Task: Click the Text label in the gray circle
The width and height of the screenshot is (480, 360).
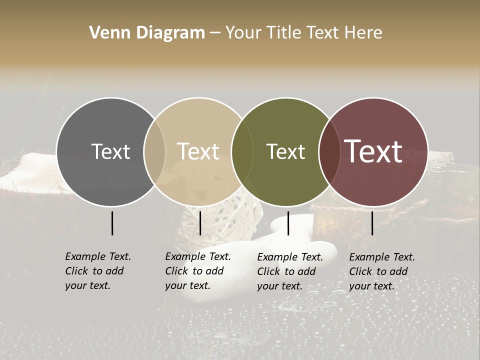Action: point(110,151)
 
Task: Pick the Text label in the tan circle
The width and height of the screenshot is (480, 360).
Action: point(198,151)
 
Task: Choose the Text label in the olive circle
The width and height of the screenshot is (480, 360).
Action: point(285,151)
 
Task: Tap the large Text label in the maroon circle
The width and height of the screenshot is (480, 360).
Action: point(373,151)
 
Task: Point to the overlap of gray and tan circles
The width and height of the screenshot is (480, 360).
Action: point(154,151)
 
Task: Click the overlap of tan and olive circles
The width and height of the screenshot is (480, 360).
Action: point(242,151)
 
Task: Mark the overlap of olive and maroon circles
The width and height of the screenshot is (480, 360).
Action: point(329,151)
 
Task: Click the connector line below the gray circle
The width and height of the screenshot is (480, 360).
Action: point(112,223)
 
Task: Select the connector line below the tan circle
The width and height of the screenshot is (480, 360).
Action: point(200,223)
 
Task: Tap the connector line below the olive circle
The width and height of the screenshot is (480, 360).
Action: point(288,223)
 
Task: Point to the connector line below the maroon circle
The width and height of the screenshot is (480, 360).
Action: point(372,223)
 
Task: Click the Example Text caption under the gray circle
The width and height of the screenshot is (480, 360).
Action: point(98,271)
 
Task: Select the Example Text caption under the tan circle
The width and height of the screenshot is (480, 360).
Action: point(198,271)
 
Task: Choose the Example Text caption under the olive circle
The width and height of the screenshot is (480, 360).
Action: point(290,271)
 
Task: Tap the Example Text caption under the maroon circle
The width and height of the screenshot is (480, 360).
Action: point(382,271)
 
